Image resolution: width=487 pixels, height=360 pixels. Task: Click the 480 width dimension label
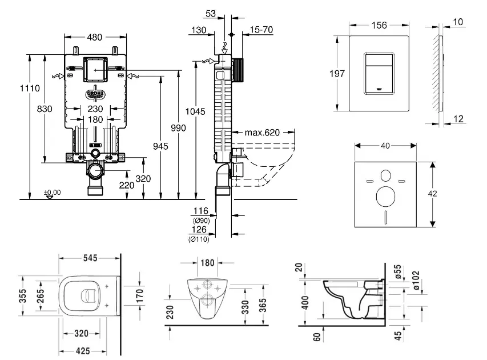pos(95,38)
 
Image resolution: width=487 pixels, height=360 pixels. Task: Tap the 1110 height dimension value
pos(29,89)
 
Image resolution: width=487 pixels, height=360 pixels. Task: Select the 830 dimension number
pos(46,109)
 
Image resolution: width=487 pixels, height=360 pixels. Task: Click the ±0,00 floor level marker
pos(53,192)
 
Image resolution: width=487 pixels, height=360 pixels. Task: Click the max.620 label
pos(263,133)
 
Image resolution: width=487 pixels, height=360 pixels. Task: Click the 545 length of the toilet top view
pos(90,258)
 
